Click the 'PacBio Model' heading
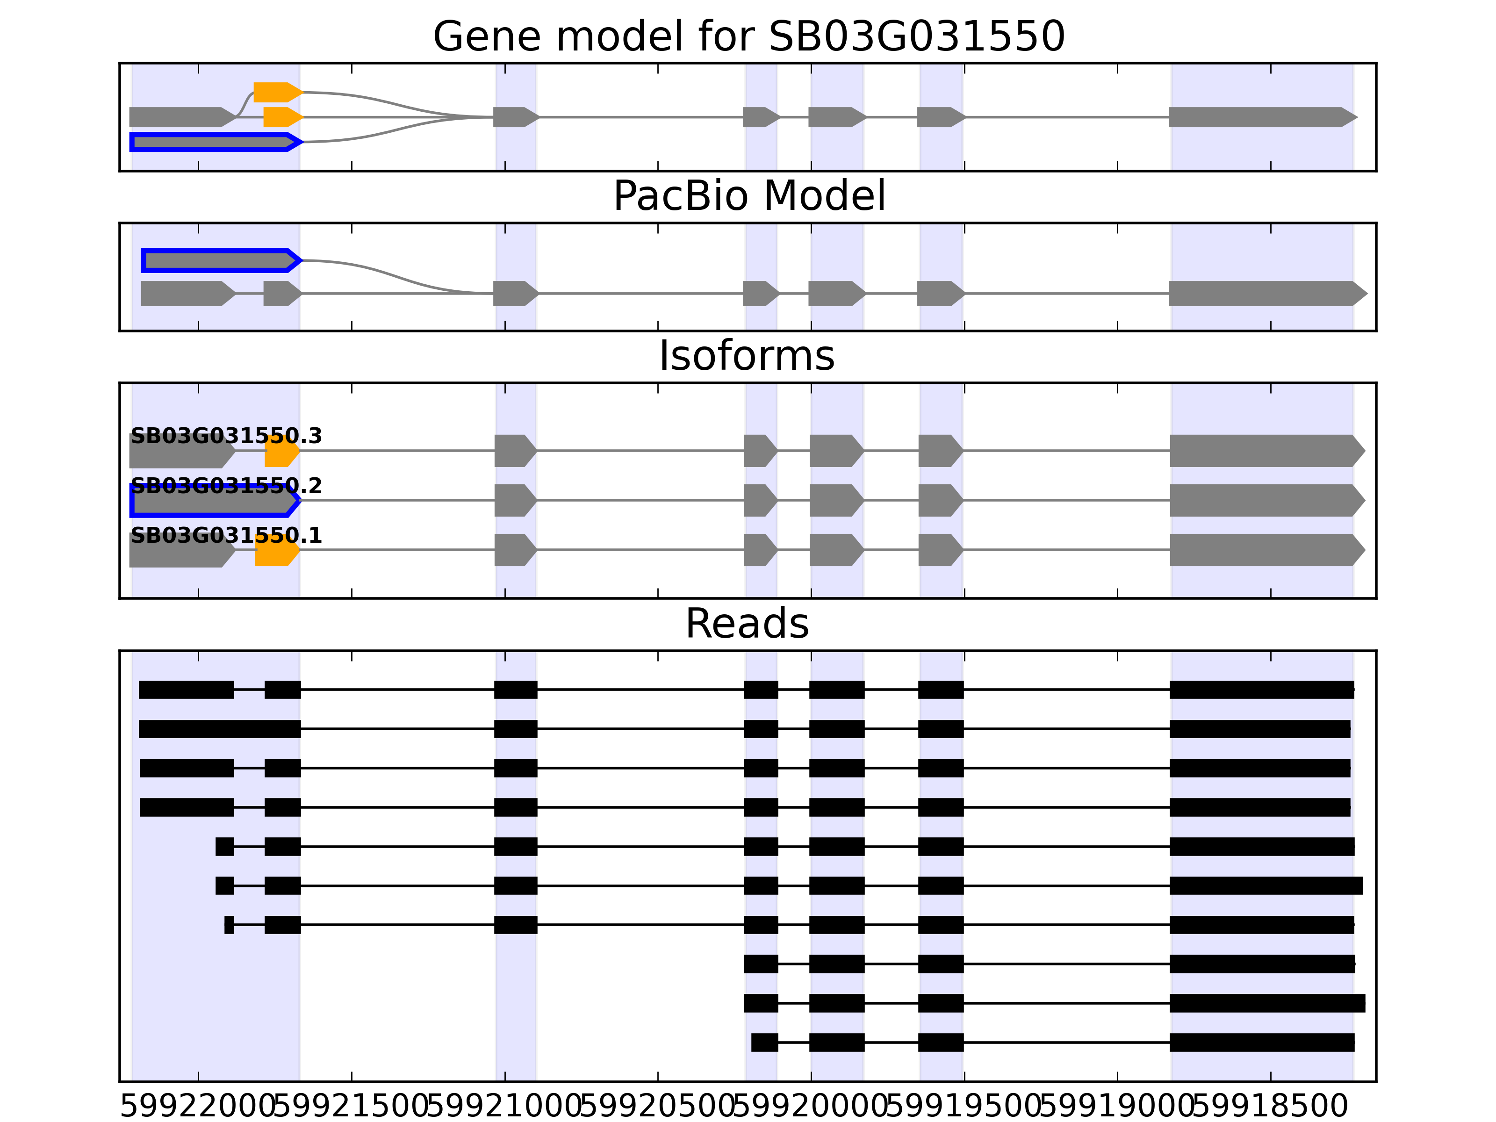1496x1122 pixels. click(748, 196)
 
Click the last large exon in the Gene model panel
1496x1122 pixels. click(1262, 117)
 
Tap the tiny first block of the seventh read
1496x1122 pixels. click(229, 925)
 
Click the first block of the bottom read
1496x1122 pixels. click(764, 1042)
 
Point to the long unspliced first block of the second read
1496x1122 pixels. click(220, 729)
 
